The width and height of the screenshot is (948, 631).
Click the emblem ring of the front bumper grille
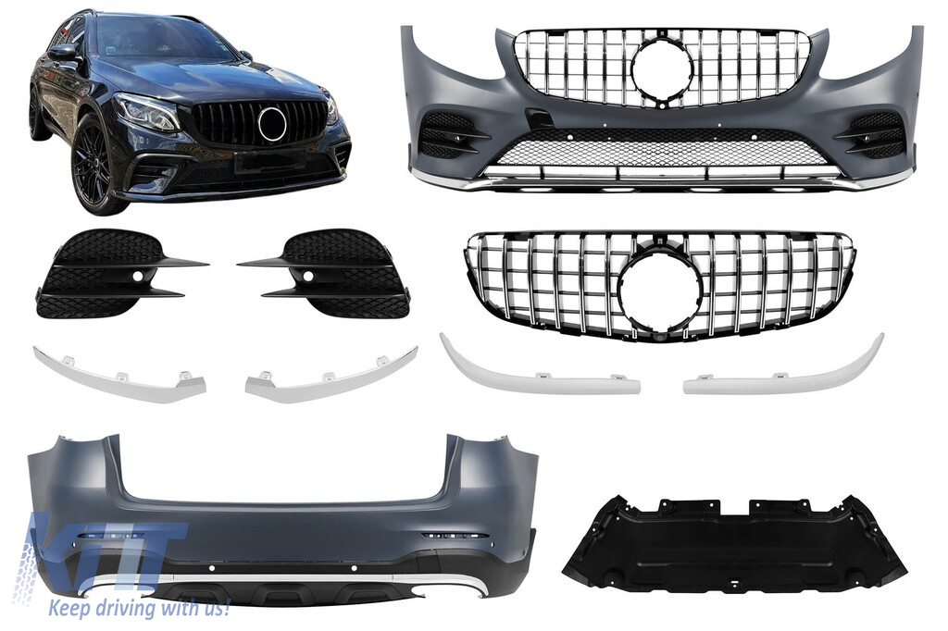tap(663, 70)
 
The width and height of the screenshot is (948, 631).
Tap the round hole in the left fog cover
tap(140, 277)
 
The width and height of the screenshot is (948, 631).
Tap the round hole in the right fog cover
tap(307, 277)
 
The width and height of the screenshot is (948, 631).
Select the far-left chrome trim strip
tap(119, 374)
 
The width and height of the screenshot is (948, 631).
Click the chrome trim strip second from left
tap(331, 374)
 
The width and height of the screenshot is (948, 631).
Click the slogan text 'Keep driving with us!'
tap(139, 608)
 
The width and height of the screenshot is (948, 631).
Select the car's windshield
tap(162, 41)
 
